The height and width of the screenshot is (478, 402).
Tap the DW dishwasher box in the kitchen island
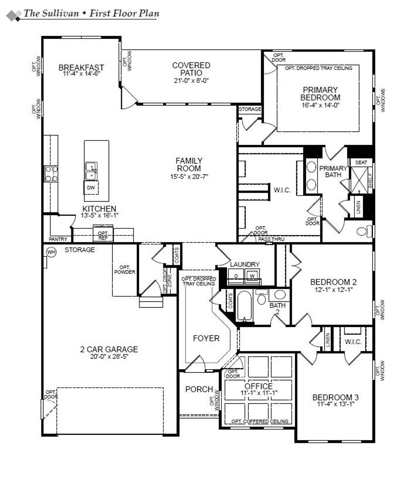click(91, 188)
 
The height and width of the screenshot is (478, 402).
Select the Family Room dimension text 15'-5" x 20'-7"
click(189, 177)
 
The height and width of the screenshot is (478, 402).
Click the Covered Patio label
click(191, 69)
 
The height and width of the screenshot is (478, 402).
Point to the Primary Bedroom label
click(320, 93)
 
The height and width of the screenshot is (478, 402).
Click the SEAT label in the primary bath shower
click(361, 162)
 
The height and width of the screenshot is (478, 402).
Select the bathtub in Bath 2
click(244, 307)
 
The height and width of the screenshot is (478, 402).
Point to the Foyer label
click(206, 338)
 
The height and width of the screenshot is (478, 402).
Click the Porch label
click(199, 389)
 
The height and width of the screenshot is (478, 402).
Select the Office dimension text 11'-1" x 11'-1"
click(259, 393)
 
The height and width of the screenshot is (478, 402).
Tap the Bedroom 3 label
click(335, 397)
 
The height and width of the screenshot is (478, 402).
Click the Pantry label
click(58, 239)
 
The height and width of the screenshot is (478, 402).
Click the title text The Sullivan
click(53, 14)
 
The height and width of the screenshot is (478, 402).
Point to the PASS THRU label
click(271, 239)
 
